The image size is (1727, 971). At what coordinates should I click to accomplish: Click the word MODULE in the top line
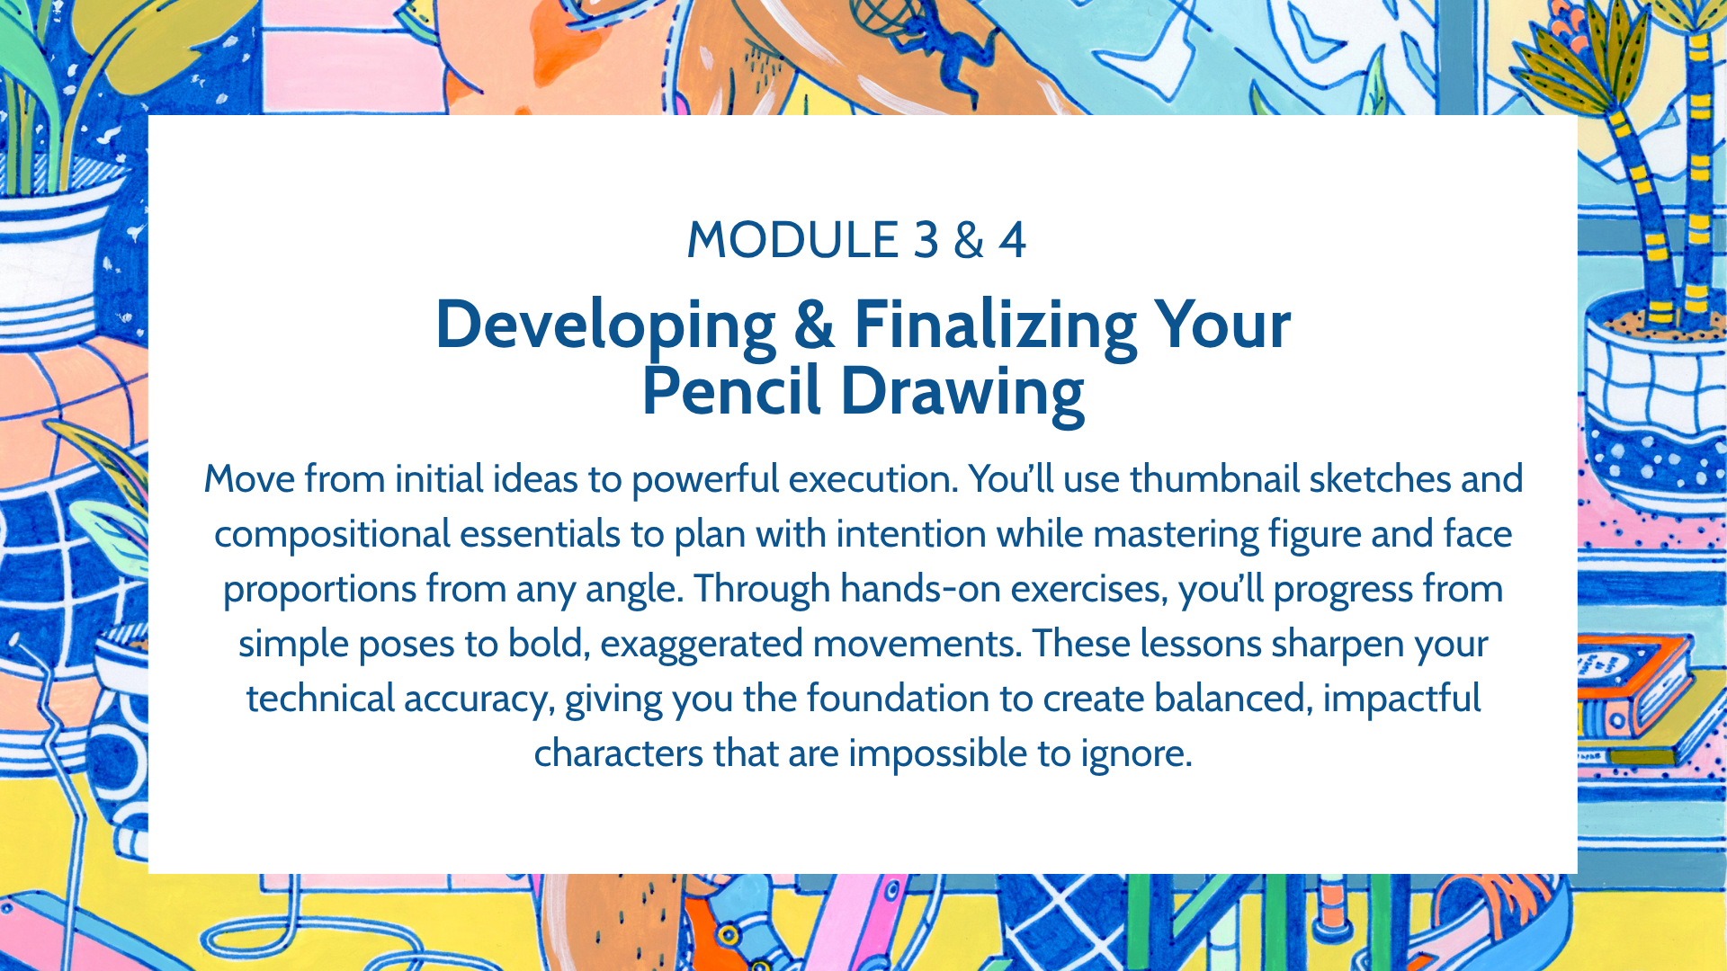tap(792, 240)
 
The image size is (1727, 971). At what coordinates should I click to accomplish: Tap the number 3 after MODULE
tap(926, 240)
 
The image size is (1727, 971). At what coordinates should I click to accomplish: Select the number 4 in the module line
tap(1012, 240)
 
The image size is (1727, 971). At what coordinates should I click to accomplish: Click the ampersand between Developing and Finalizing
tap(814, 325)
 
